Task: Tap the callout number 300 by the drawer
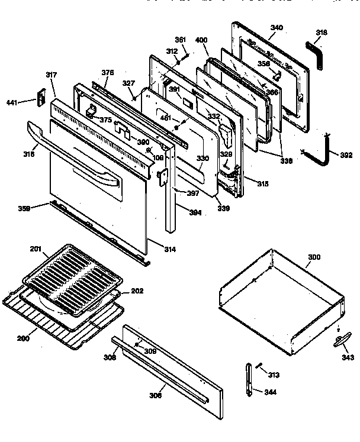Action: pyautogui.click(x=314, y=258)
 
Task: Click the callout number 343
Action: pyautogui.click(x=348, y=357)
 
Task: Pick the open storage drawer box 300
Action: pyautogui.click(x=281, y=302)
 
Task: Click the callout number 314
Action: pyautogui.click(x=169, y=250)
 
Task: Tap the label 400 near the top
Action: pyautogui.click(x=201, y=39)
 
